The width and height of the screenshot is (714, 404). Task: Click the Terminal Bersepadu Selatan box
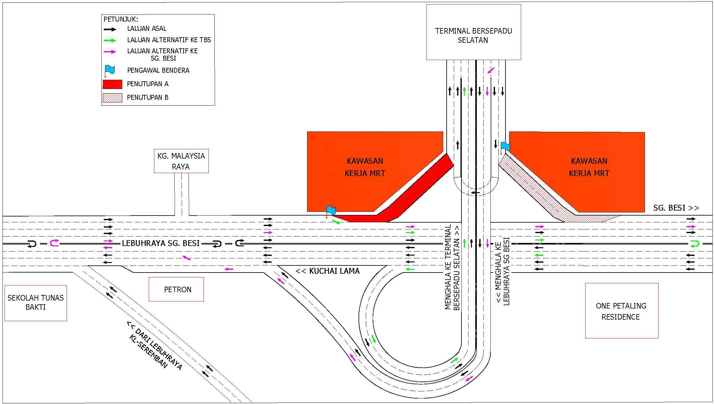[473, 32]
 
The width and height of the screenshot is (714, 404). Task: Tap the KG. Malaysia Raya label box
[181, 161]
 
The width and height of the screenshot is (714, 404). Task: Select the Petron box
[176, 289]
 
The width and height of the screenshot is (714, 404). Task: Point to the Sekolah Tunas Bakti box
[36, 303]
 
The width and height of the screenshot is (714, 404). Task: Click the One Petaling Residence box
[622, 311]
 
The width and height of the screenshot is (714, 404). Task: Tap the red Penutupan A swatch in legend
[112, 84]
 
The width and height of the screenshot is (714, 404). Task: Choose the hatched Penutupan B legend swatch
[112, 98]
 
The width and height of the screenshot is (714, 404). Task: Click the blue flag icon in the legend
[109, 71]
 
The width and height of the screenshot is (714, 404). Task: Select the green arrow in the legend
[110, 40]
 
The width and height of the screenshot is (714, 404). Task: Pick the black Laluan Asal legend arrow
[110, 29]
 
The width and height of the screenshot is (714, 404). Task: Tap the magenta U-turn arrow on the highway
[55, 243]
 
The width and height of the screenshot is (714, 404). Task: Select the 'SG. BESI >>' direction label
[676, 208]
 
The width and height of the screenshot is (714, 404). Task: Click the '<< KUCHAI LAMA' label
[327, 271]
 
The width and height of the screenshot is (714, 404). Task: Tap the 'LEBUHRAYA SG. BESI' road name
[161, 243]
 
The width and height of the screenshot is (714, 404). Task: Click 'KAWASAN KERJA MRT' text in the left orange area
[365, 167]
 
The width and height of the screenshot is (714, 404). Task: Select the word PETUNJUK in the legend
[121, 19]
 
